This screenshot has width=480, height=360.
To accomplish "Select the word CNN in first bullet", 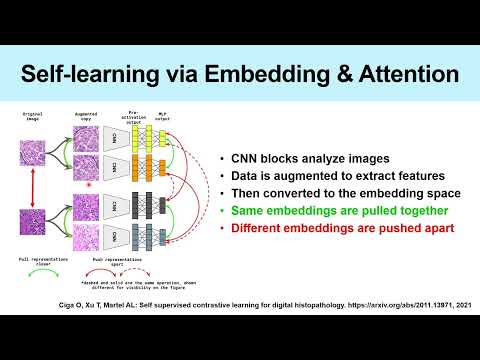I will [x=247, y=157].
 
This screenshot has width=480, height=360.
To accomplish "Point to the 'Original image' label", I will [x=32, y=116].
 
